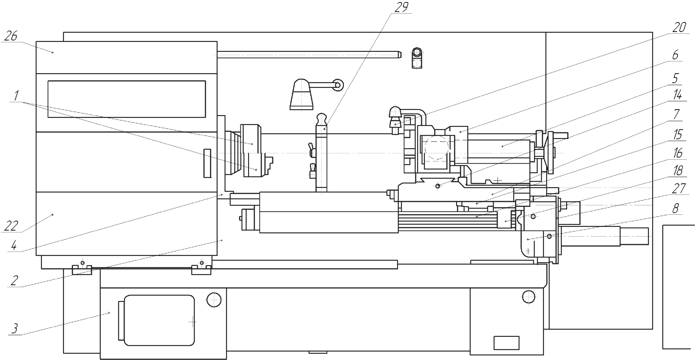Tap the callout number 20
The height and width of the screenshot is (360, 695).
click(x=679, y=28)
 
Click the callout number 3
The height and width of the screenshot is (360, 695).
click(x=15, y=328)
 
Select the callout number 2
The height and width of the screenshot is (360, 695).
click(x=14, y=281)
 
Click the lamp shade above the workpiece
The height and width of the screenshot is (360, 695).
click(x=301, y=95)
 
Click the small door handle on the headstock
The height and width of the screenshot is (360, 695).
click(x=208, y=163)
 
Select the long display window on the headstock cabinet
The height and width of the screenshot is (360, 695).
click(x=126, y=99)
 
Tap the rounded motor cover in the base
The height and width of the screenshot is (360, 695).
click(x=159, y=320)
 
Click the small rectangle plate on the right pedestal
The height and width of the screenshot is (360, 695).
click(x=506, y=343)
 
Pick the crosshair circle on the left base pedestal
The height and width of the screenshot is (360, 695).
click(x=214, y=300)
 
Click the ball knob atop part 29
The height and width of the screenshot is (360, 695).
click(x=322, y=119)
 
